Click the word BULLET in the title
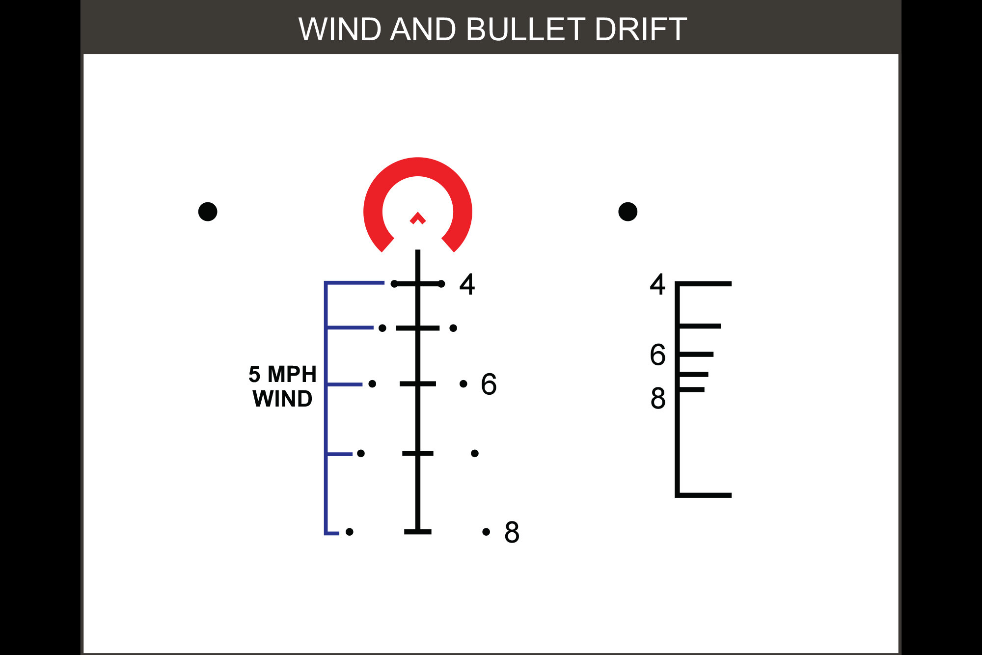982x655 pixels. [x=525, y=29]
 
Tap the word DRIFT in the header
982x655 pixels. [x=640, y=29]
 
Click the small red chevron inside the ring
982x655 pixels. [x=417, y=218]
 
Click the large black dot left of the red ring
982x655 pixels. [x=208, y=212]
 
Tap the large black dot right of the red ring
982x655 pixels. [x=627, y=212]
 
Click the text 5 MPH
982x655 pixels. [x=282, y=374]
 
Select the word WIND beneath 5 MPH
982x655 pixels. [x=282, y=399]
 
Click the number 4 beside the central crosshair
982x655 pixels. [x=467, y=284]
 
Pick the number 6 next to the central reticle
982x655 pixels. [x=489, y=384]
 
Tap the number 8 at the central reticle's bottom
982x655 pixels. [x=512, y=532]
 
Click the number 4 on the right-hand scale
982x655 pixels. [x=657, y=284]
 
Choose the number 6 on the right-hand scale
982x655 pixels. [x=657, y=355]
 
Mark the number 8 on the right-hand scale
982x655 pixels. [x=657, y=399]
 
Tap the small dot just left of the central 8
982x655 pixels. [x=486, y=532]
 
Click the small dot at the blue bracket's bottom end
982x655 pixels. [x=349, y=532]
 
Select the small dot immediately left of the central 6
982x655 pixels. [x=463, y=383]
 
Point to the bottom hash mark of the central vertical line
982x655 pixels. [x=417, y=532]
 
